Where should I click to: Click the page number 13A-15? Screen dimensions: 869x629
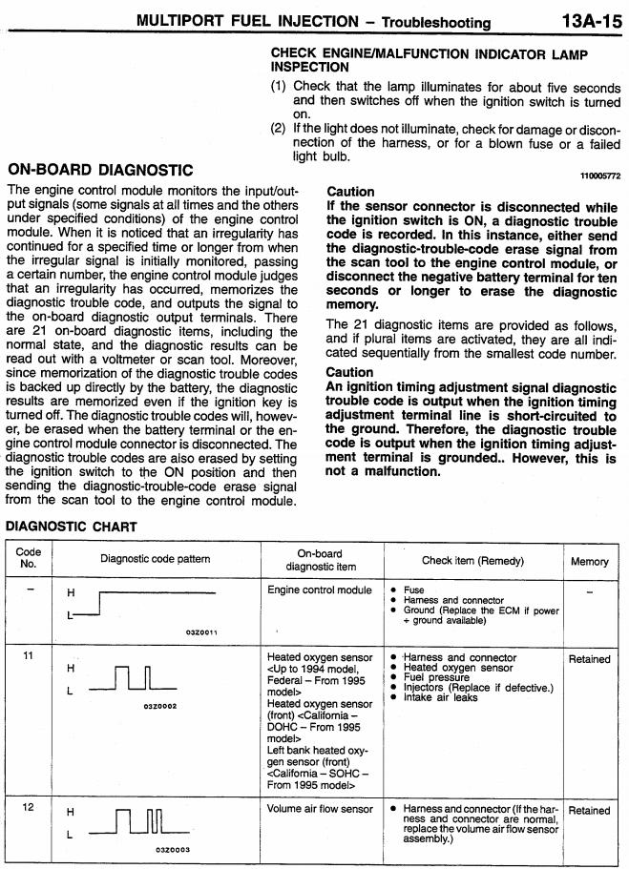589,20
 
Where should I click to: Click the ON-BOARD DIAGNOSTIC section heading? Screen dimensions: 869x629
100,170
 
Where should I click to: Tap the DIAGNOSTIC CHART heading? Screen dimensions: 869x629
72,527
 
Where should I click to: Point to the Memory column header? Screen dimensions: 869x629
589,561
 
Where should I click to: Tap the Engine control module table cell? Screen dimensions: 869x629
320,590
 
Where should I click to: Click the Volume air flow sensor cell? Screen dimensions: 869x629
320,810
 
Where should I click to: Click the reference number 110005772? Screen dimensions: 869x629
599,176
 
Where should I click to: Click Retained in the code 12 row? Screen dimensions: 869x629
589,810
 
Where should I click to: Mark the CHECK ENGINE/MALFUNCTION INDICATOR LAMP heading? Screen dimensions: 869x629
429,61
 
